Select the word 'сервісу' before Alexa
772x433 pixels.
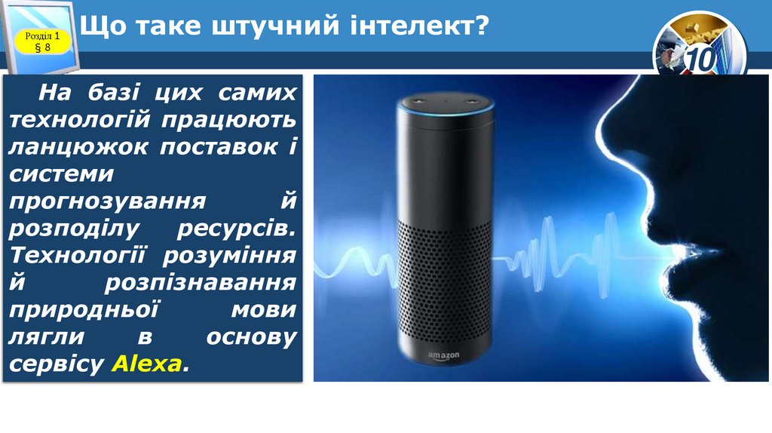tap(57, 364)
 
